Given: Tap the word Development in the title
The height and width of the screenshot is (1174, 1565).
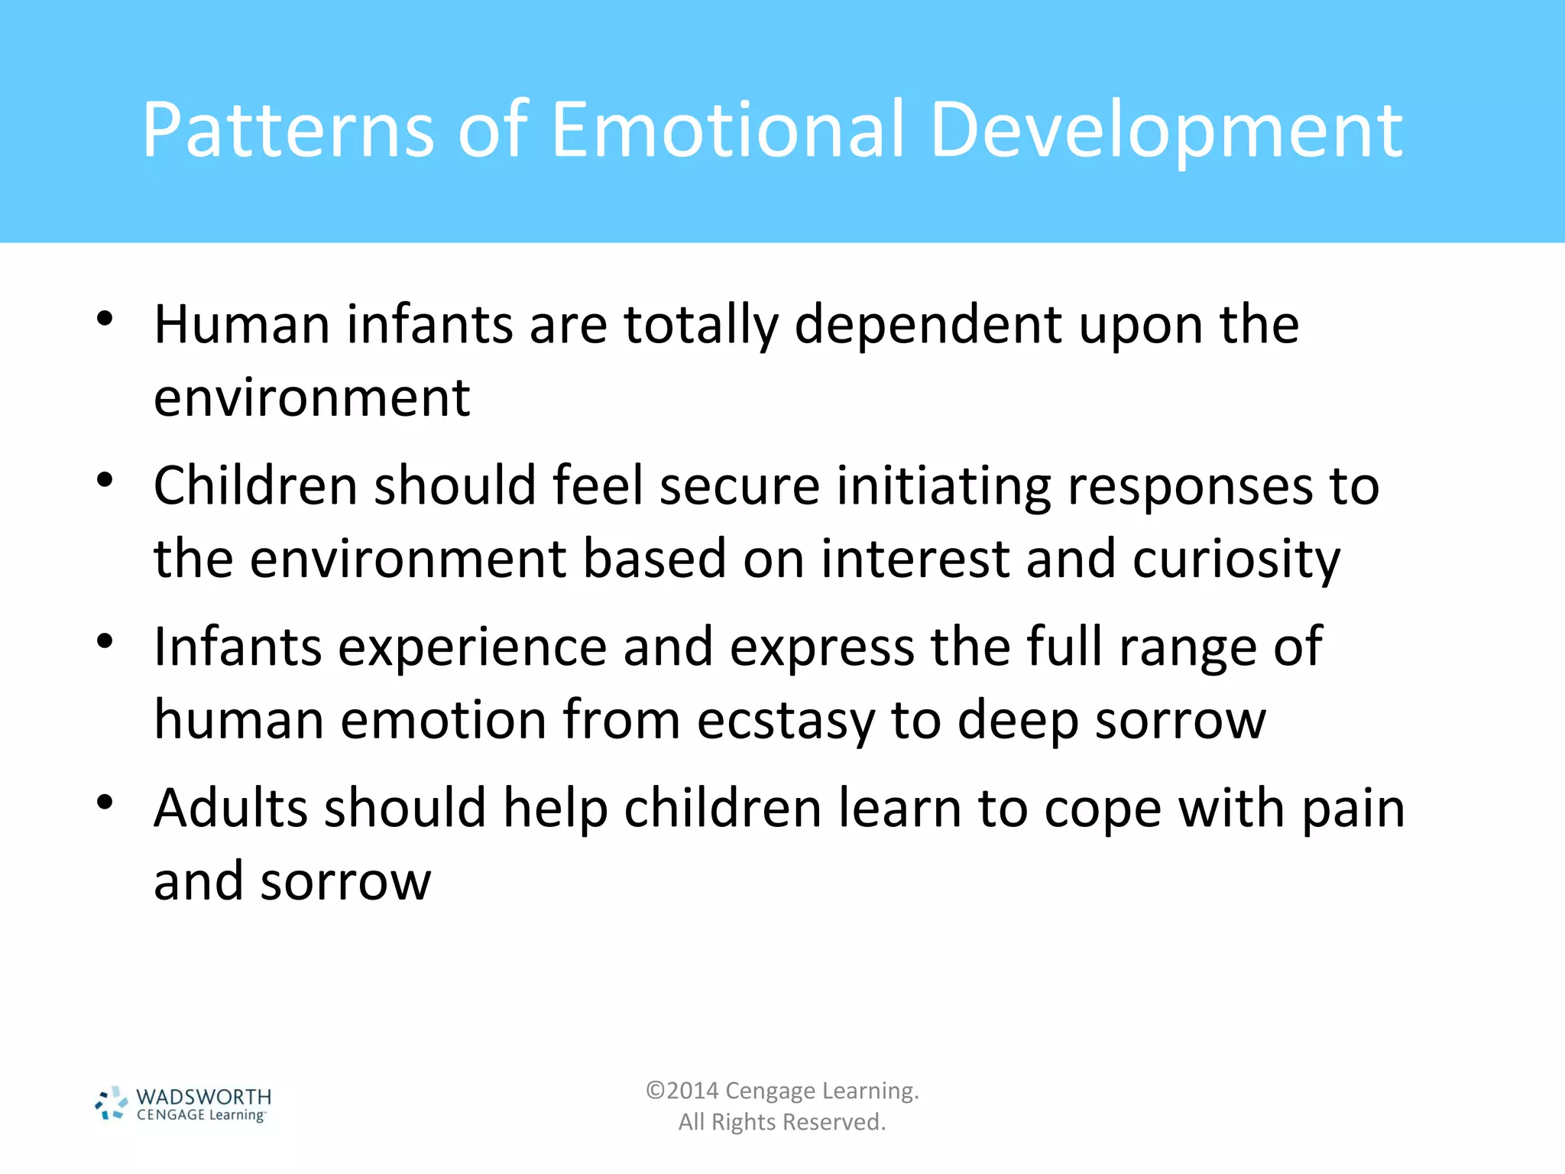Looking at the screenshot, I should tap(1166, 131).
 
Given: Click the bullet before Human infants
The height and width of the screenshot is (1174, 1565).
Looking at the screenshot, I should tap(105, 319).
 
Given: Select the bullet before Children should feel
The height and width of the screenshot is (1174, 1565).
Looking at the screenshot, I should tap(105, 480).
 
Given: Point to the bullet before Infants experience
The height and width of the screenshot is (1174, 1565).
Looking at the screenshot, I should tap(105, 641).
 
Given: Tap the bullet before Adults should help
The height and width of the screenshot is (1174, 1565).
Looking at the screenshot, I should tap(105, 803).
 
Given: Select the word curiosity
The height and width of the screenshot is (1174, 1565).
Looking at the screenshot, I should tap(1236, 560).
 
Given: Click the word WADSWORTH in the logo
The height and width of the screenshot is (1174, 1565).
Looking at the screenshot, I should tap(203, 1097).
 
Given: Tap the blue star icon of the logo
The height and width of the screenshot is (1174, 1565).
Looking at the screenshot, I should tap(112, 1104).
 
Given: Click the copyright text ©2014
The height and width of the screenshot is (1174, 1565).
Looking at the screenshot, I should tap(682, 1091).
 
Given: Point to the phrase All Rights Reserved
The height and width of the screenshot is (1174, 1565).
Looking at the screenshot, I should tap(782, 1122).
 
